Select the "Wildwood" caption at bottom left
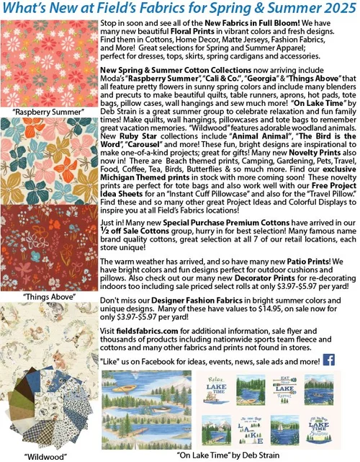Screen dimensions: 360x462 (x=46, y=456)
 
